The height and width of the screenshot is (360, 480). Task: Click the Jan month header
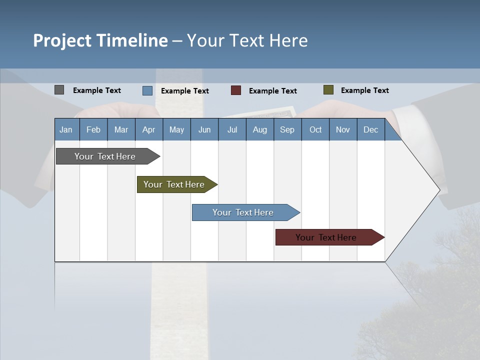[66, 129]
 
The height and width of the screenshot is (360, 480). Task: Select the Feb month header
[93, 129]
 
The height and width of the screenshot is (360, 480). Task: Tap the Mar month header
[121, 129]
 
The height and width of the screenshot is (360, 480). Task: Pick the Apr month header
[148, 129]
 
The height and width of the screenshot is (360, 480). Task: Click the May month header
[176, 129]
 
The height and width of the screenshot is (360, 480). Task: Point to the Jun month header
[204, 129]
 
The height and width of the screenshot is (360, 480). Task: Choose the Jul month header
[232, 129]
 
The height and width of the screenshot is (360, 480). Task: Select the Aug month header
[259, 129]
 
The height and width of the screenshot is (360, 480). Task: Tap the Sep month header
[287, 129]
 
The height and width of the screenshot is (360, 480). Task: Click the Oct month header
[315, 129]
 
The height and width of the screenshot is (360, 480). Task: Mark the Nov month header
[343, 129]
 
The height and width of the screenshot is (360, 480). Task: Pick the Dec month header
[371, 129]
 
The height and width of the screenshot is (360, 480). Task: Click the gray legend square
[59, 90]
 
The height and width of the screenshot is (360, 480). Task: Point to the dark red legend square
[236, 90]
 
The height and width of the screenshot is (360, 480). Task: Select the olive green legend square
[328, 90]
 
